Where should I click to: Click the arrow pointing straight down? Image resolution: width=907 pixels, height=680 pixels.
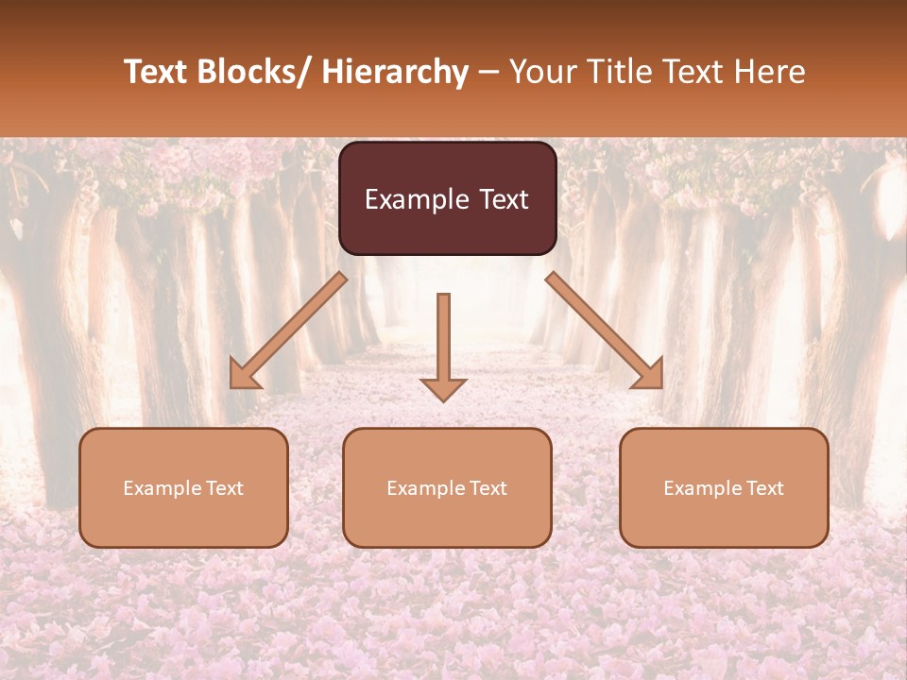(443, 345)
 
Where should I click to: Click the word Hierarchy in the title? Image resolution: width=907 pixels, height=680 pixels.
(395, 72)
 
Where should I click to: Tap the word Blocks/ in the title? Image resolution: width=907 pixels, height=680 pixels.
(255, 72)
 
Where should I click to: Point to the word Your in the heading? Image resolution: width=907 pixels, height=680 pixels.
(540, 72)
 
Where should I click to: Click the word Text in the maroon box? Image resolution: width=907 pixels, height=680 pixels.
(503, 200)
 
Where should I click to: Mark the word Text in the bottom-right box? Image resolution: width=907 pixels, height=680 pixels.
(764, 488)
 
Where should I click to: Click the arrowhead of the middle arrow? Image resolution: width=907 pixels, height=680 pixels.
(443, 388)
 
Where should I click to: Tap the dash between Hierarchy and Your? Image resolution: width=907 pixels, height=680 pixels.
(488, 72)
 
